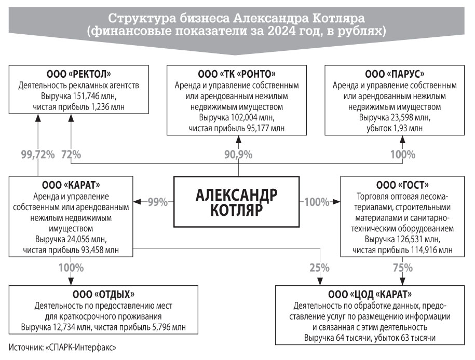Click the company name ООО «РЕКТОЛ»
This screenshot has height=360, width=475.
[x=79, y=74]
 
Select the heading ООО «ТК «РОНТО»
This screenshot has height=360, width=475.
[x=237, y=74]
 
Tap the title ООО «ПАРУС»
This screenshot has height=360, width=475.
[x=395, y=74]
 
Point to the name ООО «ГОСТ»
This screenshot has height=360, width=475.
[x=403, y=185]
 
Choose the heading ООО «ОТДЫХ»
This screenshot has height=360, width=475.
[x=104, y=294]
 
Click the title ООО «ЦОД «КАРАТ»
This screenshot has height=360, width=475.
[x=370, y=294]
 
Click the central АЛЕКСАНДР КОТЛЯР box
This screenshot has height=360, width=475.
[x=237, y=202]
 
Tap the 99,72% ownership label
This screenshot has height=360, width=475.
[x=38, y=155]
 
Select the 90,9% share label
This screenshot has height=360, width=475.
[x=238, y=155]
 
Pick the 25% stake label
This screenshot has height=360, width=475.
[x=319, y=268]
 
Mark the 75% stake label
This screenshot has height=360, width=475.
[x=403, y=268]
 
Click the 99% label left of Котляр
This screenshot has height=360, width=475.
[x=157, y=202]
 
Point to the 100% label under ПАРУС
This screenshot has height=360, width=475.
[x=403, y=155]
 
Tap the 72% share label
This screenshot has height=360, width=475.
[x=71, y=155]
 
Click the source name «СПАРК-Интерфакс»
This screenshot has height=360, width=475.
[x=80, y=347]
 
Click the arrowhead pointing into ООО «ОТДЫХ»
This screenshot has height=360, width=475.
[x=71, y=281]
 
